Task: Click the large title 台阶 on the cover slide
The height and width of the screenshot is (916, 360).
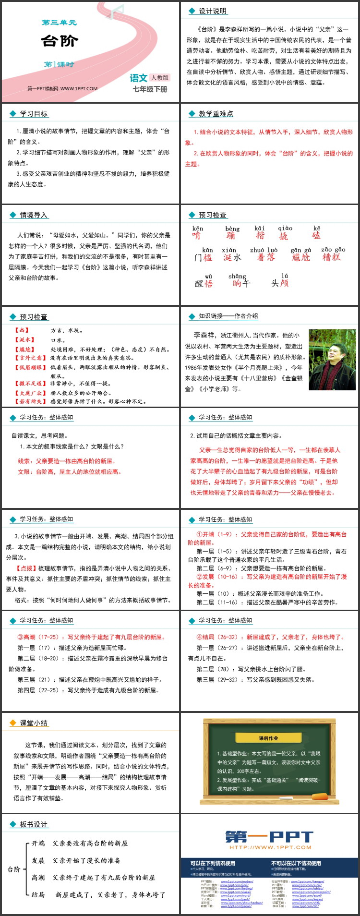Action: pyautogui.click(x=60, y=41)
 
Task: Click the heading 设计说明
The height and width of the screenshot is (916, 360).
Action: pyautogui.click(x=213, y=11)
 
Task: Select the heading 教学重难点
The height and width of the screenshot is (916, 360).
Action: pyautogui.click(x=216, y=114)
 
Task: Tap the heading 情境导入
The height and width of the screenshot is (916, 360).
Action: pyautogui.click(x=34, y=215)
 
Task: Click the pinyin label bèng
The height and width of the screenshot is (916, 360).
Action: pyautogui.click(x=232, y=229)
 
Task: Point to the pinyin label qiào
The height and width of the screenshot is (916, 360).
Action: pyautogui.click(x=285, y=228)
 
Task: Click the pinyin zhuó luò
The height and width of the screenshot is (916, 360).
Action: pyautogui.click(x=264, y=250)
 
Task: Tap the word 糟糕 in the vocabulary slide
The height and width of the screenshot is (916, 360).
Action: pyautogui.click(x=331, y=257)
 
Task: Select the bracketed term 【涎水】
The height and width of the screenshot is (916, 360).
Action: pyautogui.click(x=24, y=340)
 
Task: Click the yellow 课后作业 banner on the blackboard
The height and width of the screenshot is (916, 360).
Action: pyautogui.click(x=268, y=738)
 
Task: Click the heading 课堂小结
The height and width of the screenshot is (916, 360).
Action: pyautogui.click(x=34, y=723)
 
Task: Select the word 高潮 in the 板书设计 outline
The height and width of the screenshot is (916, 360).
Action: pyautogui.click(x=38, y=877)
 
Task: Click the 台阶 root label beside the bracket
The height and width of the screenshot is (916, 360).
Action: pyautogui.click(x=14, y=869)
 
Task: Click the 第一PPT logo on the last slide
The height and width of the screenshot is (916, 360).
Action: pyautogui.click(x=269, y=837)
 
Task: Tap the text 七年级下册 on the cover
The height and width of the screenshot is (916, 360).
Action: pyautogui.click(x=150, y=89)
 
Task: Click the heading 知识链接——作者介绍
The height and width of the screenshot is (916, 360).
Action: pyautogui.click(x=228, y=316)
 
